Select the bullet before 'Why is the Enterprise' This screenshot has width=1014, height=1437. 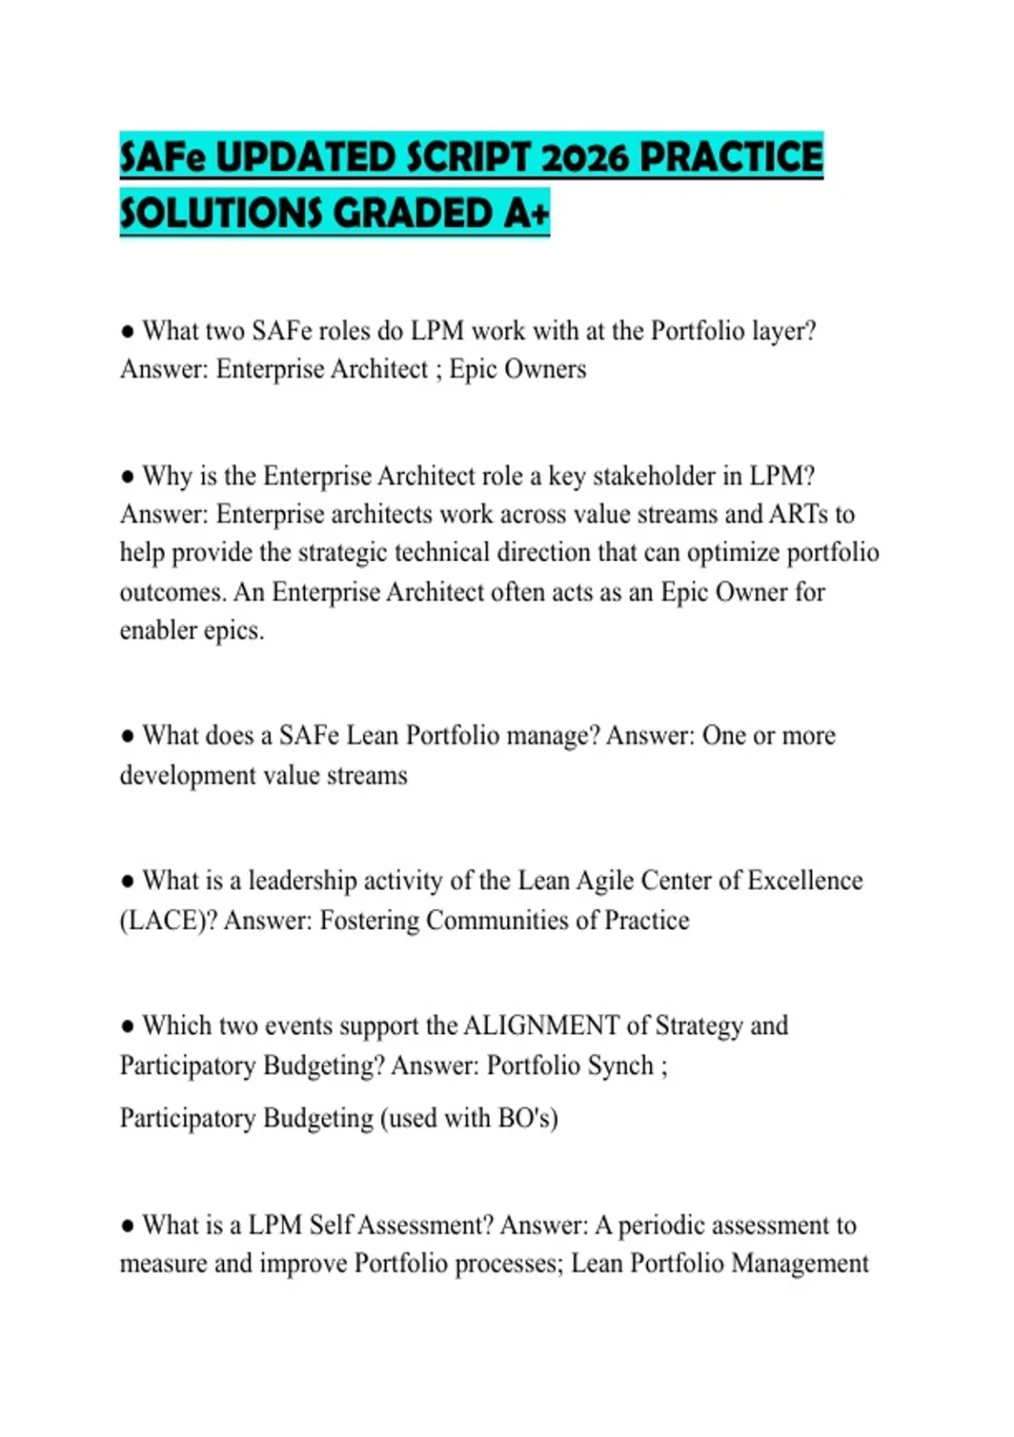tap(128, 477)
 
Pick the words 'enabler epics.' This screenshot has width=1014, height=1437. tap(192, 631)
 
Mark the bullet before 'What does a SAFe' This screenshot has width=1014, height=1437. tap(128, 736)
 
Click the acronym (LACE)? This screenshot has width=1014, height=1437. tap(168, 921)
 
